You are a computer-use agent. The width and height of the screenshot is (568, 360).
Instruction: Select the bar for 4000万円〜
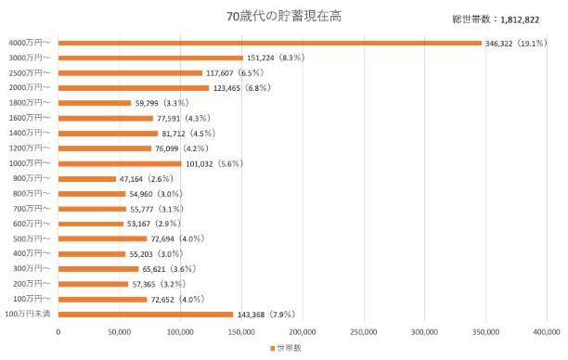pyautogui.click(x=270, y=43)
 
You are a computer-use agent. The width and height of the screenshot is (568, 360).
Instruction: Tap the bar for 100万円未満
pyautogui.click(x=146, y=314)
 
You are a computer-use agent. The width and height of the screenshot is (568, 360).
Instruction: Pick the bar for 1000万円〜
pyautogui.click(x=120, y=163)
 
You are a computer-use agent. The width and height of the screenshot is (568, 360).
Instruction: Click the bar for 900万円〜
pyautogui.click(x=87, y=178)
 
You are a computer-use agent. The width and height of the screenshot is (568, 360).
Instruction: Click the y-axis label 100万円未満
pyautogui.click(x=28, y=314)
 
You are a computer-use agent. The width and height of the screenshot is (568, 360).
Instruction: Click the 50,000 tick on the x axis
pyautogui.click(x=119, y=330)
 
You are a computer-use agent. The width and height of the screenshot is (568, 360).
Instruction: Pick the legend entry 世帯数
pyautogui.click(x=289, y=348)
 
